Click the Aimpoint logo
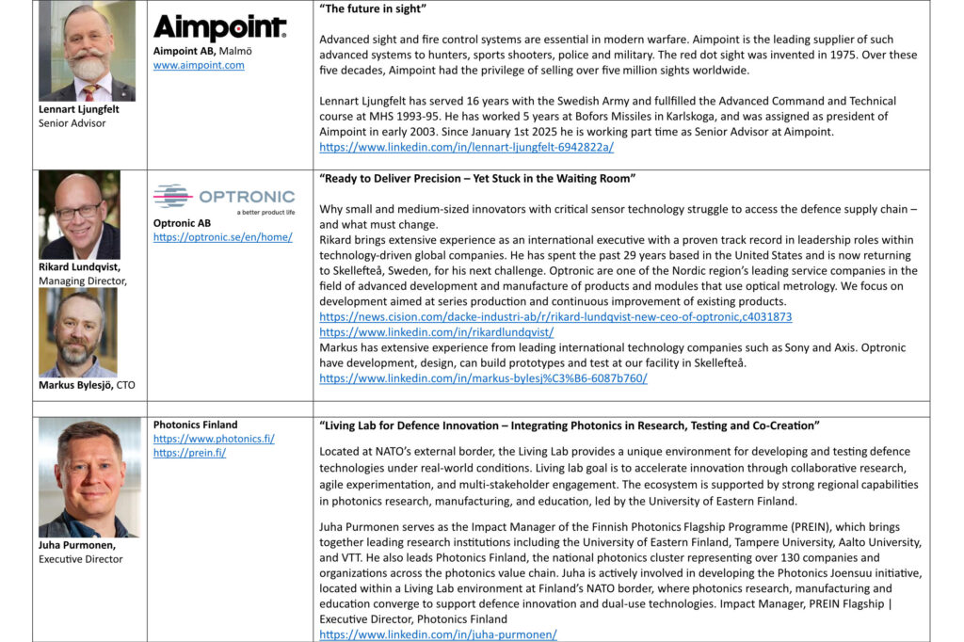point(219,28)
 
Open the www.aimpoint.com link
point(199,65)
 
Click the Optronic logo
point(224,198)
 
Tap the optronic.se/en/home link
point(223,237)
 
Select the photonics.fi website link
point(214,439)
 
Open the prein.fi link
point(189,453)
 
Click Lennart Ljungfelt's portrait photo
point(87,52)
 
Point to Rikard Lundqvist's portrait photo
point(79,215)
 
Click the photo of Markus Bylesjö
point(78,332)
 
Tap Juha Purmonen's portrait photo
point(88,478)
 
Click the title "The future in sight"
point(374,10)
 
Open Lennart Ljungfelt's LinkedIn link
point(466,148)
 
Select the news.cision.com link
point(555,317)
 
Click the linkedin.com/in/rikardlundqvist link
point(436,332)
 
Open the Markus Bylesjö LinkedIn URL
point(483,378)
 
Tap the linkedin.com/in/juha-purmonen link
point(438,634)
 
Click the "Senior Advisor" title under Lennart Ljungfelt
point(72,123)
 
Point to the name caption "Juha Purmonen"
point(77,545)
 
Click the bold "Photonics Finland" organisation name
point(196,425)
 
